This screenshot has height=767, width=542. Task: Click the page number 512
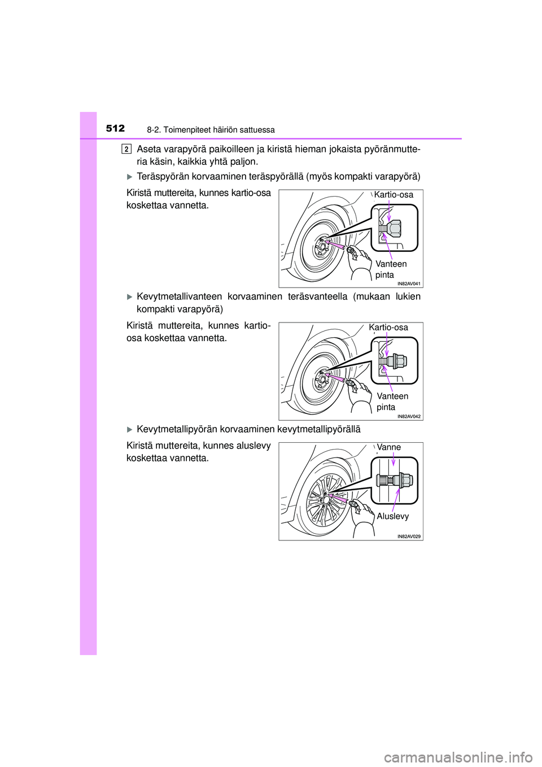(115, 128)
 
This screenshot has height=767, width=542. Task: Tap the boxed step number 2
(126, 149)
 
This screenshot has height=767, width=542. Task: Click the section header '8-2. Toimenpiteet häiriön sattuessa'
(211, 130)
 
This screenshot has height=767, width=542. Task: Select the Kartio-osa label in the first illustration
(394, 195)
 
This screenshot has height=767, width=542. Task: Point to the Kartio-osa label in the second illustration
(388, 328)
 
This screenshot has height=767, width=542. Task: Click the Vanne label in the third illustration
(389, 447)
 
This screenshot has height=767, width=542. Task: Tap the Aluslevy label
(393, 516)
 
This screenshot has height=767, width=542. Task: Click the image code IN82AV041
(409, 284)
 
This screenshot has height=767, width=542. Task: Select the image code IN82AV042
(409, 416)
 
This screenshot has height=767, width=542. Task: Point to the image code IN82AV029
(409, 536)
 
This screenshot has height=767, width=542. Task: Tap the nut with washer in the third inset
(404, 481)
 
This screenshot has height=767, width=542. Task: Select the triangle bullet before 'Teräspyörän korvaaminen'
(129, 177)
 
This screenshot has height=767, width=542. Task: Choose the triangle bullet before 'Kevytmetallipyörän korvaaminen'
(129, 429)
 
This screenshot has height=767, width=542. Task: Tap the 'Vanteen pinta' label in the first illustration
(391, 269)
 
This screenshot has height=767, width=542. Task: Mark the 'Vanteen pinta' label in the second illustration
(392, 402)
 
